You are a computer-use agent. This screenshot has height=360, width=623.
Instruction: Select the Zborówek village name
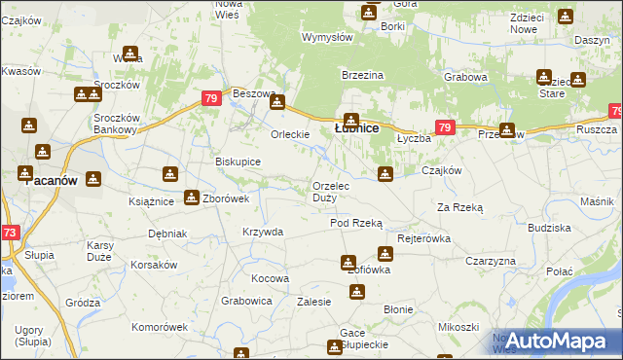point(226,198)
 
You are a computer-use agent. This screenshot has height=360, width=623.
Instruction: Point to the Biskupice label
point(238,162)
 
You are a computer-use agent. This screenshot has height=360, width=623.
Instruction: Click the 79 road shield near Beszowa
point(211,98)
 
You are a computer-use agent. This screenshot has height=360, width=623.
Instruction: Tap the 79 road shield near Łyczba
point(445,127)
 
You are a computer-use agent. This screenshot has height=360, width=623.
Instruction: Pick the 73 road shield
point(9,233)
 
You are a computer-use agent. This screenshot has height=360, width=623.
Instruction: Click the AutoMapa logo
point(553,342)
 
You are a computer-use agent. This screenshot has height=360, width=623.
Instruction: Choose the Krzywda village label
point(263,232)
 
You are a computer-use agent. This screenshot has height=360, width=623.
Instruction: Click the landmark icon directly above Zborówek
point(192,196)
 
